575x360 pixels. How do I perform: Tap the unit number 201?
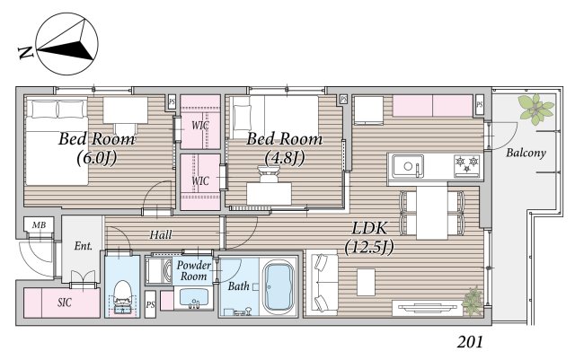click(x=470, y=342)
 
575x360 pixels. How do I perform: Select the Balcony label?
click(x=526, y=153)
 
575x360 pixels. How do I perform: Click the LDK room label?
click(x=369, y=228)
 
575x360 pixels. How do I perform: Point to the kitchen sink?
click(x=408, y=166)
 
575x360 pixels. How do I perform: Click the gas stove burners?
click(x=467, y=164)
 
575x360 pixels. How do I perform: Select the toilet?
click(x=122, y=295)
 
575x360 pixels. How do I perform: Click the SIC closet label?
click(x=65, y=303)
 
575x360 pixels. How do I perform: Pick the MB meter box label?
click(x=39, y=224)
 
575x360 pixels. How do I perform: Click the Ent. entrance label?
click(x=84, y=246)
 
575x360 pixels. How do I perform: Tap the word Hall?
click(x=161, y=234)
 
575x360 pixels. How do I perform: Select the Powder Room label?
click(x=194, y=270)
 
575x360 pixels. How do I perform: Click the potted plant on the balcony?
click(x=537, y=108)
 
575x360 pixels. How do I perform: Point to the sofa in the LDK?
click(x=322, y=283)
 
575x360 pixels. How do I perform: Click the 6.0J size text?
click(x=97, y=158)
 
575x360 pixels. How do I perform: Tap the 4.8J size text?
click(x=285, y=158)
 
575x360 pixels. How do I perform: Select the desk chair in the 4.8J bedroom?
click(x=269, y=174)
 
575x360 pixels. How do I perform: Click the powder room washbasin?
click(x=192, y=298)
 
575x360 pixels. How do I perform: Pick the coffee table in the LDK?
click(x=366, y=282)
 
